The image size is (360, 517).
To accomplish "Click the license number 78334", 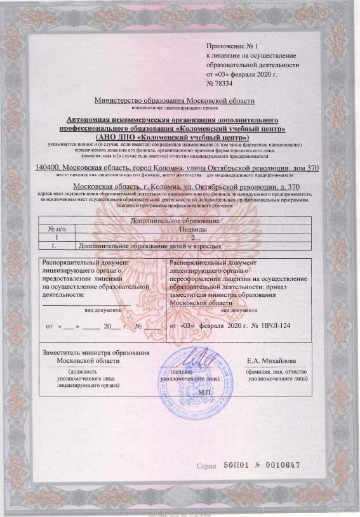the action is coord(224,83).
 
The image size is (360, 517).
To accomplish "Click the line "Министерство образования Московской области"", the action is coord(174,101).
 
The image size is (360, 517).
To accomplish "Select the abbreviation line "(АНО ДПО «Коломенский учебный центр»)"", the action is coord(172,137).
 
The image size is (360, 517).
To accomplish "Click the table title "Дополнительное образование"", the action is coord(175,220).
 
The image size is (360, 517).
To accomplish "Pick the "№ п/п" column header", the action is coord(57,228).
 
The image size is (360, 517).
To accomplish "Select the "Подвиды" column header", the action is coord(193,228).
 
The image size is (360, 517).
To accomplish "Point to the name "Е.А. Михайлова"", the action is coord(276,361).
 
